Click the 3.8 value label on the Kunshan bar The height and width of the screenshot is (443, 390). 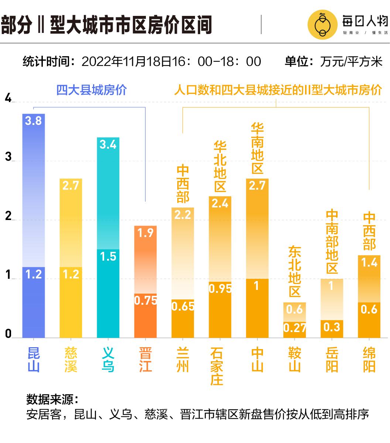coord(33,121)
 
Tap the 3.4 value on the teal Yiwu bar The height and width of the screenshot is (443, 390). coord(108,144)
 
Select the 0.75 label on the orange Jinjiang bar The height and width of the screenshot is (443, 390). coord(146,300)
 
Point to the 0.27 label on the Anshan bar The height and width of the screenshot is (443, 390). coord(294,328)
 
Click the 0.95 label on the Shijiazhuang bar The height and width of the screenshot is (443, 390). coord(220,288)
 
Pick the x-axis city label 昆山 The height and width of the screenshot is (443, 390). coord(34,360)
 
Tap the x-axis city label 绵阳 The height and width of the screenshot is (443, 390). coord(369,360)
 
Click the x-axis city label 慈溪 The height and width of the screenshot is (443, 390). coord(71,360)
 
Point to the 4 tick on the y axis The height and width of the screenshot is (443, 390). coord(8,99)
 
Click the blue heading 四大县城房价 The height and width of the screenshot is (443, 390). coord(91,90)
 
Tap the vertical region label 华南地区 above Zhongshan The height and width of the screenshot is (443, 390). coord(257,149)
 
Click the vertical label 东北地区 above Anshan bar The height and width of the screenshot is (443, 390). coord(294,271)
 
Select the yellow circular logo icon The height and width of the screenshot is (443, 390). coord(322,25)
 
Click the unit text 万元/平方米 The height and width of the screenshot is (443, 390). coord(351,61)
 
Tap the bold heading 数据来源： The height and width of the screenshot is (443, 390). coord(52,399)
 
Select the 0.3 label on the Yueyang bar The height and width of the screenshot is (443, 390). coord(332,327)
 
